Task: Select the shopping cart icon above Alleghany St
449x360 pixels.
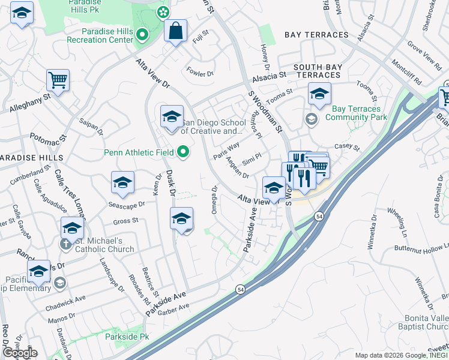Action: (x=58, y=80)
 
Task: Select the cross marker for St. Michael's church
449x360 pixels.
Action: (x=65, y=244)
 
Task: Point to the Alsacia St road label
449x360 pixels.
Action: (x=270, y=77)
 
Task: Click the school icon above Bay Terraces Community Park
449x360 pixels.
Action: (x=319, y=94)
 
